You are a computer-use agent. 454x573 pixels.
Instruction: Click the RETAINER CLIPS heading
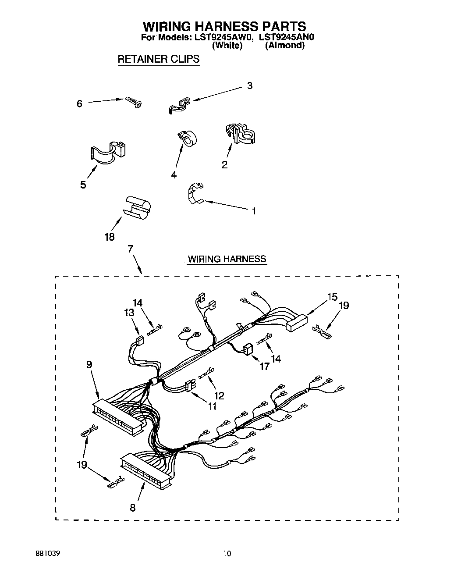[x=158, y=59]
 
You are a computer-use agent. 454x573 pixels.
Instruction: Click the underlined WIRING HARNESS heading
[x=227, y=259]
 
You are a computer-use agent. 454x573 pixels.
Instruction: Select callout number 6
[x=79, y=104]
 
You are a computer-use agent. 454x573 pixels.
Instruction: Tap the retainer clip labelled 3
[x=179, y=106]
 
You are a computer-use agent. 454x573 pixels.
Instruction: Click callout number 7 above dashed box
[x=130, y=249]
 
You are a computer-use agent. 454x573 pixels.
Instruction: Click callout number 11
[x=212, y=406]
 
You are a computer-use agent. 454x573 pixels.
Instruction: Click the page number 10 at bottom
[x=227, y=554]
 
